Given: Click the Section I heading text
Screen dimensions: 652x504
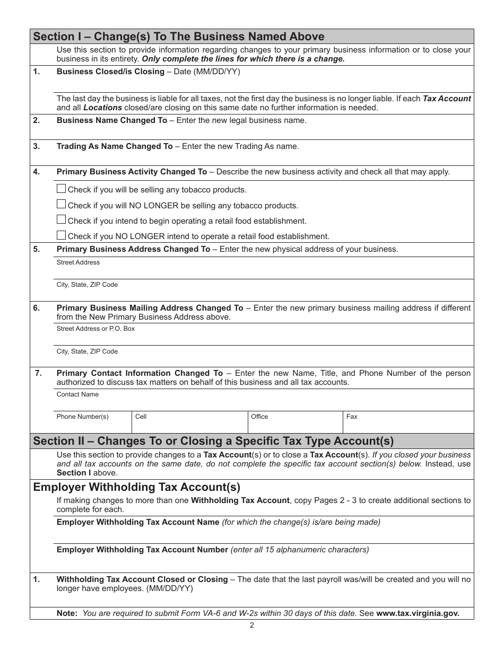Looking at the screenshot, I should pyautogui.click(x=179, y=37).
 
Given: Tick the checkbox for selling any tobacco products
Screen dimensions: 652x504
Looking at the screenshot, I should pyautogui.click(x=61, y=189).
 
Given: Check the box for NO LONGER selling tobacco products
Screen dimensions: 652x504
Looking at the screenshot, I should pyautogui.click(x=61, y=204).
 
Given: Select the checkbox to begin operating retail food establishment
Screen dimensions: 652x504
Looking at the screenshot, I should pyautogui.click(x=61, y=219).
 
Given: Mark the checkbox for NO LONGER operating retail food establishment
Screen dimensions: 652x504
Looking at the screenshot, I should pyautogui.click(x=61, y=235).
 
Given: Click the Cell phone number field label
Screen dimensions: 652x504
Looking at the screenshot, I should pyautogui.click(x=141, y=417).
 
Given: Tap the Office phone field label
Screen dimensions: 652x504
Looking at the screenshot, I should pyautogui.click(x=259, y=417).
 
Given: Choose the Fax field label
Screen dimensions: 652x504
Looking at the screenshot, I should pyautogui.click(x=352, y=417).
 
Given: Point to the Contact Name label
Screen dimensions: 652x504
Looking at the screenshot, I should pyautogui.click(x=77, y=394).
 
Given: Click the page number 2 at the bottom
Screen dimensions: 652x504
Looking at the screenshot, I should pyautogui.click(x=252, y=625).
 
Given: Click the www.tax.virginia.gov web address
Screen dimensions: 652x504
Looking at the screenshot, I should pyautogui.click(x=418, y=613).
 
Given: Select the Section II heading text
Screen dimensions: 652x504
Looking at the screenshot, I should pyautogui.click(x=213, y=441).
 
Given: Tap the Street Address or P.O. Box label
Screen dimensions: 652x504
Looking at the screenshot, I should pyautogui.click(x=95, y=329).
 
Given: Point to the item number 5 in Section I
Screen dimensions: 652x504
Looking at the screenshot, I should pyautogui.click(x=37, y=249).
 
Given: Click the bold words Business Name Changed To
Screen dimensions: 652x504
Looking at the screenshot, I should pyautogui.click(x=111, y=120).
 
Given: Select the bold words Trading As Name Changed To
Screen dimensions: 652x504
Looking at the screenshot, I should pyautogui.click(x=115, y=146).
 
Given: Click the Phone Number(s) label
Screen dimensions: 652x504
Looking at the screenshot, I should pyautogui.click(x=82, y=417).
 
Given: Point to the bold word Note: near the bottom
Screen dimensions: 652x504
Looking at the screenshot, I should pyautogui.click(x=67, y=613).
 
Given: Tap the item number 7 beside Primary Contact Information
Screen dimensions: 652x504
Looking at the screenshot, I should pyautogui.click(x=38, y=373).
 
